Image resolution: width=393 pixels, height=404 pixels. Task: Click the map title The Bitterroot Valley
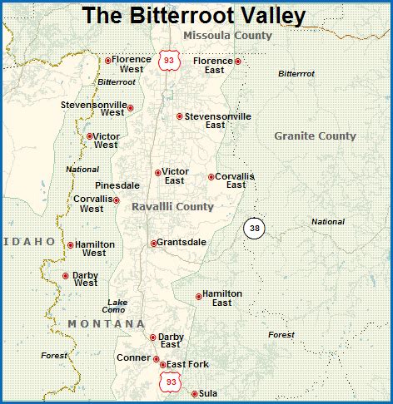(x=194, y=16)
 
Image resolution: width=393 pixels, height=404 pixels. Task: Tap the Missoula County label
(x=227, y=36)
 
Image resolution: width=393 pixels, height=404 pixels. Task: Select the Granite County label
(x=315, y=135)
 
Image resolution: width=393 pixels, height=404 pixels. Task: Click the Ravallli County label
(x=172, y=206)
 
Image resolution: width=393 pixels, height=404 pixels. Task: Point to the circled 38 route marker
(x=254, y=228)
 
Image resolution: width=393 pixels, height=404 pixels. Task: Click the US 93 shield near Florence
(x=169, y=60)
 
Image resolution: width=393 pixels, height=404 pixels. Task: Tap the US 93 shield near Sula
(x=171, y=382)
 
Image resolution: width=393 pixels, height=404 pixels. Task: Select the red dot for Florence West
(x=108, y=61)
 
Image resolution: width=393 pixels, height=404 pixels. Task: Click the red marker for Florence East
(x=238, y=61)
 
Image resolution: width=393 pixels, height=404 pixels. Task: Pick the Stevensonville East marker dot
(x=179, y=116)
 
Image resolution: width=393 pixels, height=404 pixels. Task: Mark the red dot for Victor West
(x=90, y=136)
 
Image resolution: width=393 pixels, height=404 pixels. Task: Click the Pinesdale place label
(x=117, y=185)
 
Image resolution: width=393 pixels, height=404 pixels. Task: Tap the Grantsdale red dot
(x=153, y=244)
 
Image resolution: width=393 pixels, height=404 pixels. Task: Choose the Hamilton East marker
(x=198, y=296)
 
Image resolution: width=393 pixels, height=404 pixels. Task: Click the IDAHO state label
(x=30, y=242)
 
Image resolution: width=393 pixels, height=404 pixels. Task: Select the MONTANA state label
(x=107, y=323)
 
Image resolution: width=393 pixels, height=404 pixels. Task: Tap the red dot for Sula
(x=195, y=394)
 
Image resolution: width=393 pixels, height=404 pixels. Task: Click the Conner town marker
(x=157, y=359)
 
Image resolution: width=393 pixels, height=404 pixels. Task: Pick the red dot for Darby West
(x=66, y=276)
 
